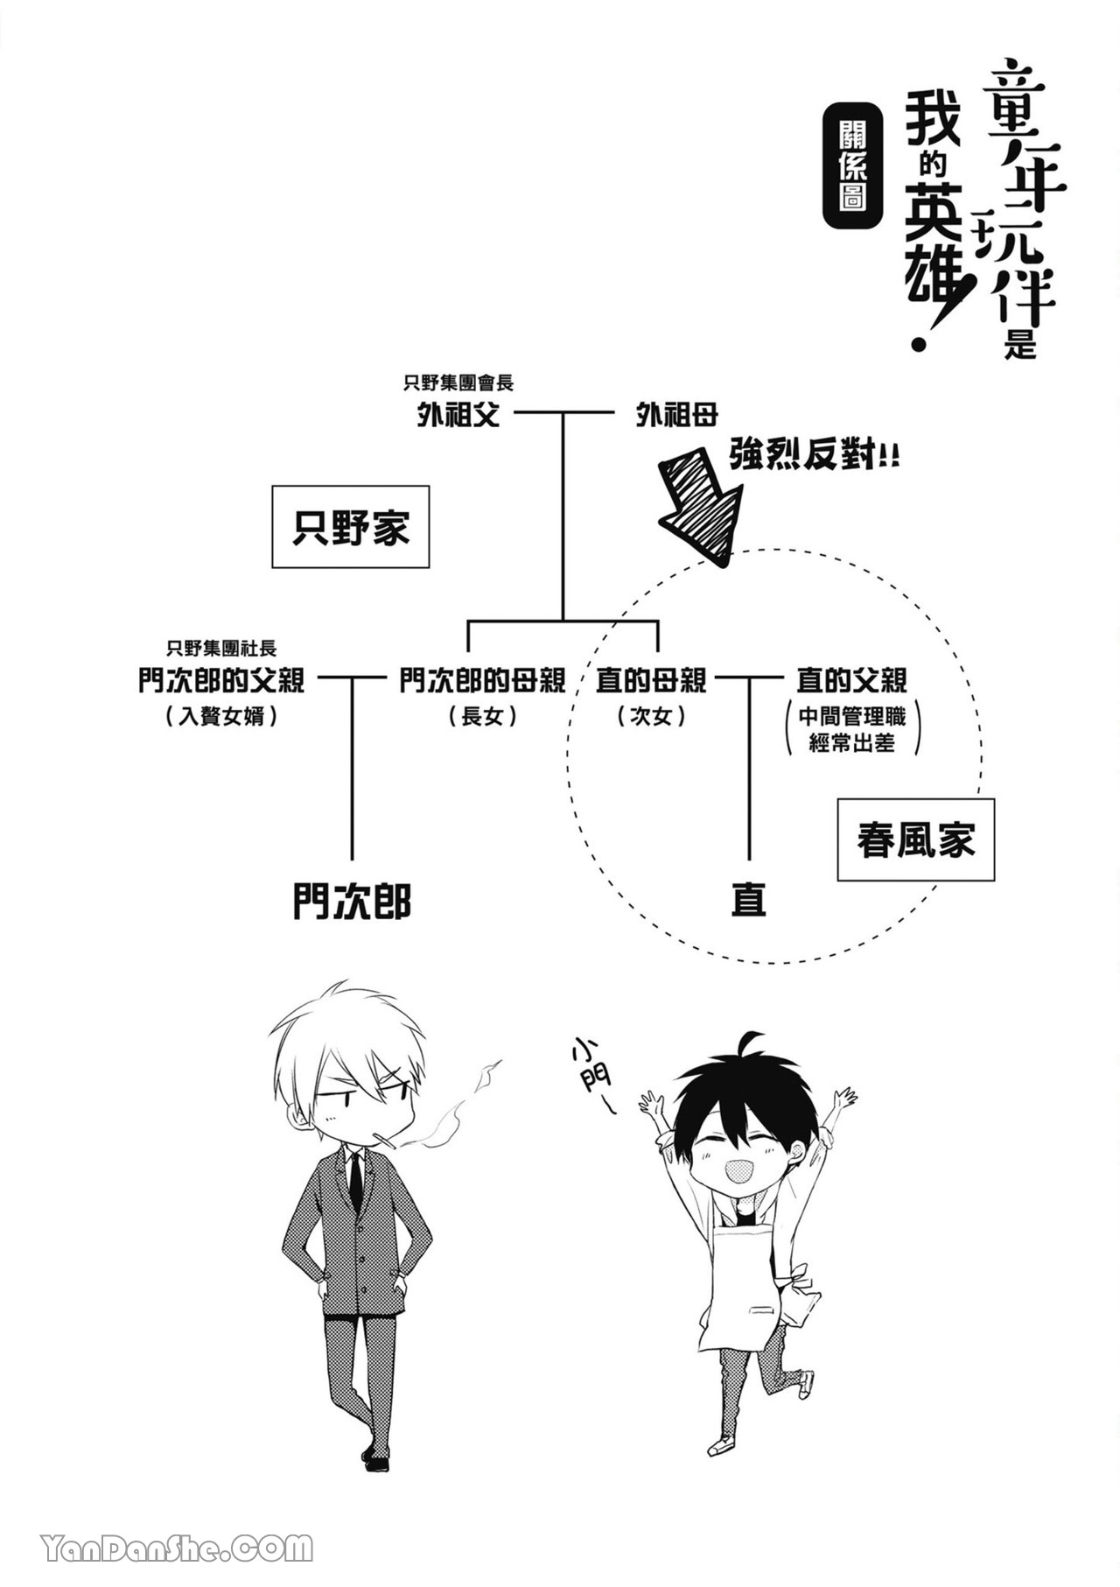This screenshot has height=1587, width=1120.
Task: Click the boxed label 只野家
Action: [x=350, y=527]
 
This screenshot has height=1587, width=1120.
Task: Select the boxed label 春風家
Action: [x=915, y=840]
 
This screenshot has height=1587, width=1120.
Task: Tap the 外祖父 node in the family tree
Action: [x=458, y=415]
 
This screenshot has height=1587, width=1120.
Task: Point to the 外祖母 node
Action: [x=677, y=415]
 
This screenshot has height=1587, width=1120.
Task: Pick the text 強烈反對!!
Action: [x=814, y=455]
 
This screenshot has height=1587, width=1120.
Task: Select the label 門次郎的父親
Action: [x=221, y=680]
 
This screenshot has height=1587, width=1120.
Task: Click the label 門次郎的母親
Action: [x=482, y=680]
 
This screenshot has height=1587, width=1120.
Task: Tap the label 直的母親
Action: [x=651, y=680]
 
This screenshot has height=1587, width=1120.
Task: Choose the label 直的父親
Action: [x=851, y=680]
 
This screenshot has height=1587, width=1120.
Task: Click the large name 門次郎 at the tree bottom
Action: [x=352, y=901]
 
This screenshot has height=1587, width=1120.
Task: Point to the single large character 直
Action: [x=749, y=899]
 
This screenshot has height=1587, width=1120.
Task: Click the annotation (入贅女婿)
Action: [x=221, y=717]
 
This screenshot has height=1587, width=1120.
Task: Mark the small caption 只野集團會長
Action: [x=458, y=383]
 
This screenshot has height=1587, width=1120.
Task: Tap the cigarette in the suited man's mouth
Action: [x=385, y=1141]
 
